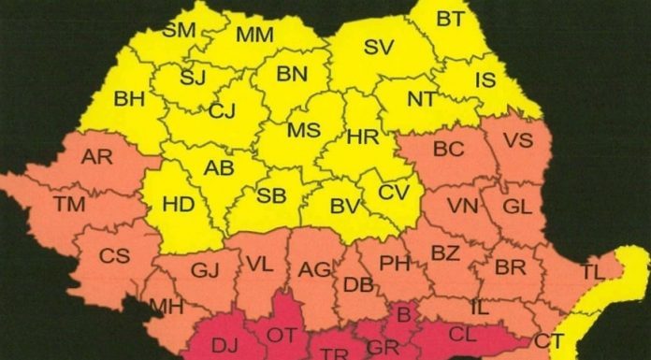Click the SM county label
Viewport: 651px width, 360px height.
(x=179, y=29)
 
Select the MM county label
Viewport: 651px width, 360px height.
(x=254, y=36)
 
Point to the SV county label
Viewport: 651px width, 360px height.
(x=379, y=46)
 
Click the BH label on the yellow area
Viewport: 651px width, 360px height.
(x=129, y=99)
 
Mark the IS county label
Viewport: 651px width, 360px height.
(x=485, y=80)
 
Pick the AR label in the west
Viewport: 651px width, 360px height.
(x=96, y=156)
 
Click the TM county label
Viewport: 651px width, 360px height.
(x=68, y=202)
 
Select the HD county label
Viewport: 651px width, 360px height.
(x=177, y=201)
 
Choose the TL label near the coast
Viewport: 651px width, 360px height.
(x=592, y=272)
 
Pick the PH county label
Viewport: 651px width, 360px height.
(x=394, y=263)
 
